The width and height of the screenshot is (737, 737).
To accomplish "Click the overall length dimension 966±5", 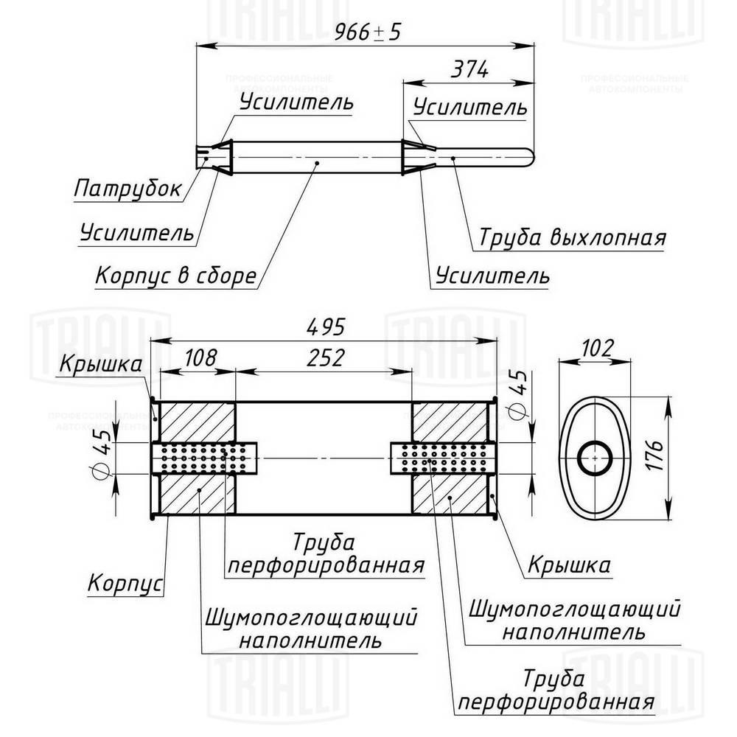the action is coord(366,32).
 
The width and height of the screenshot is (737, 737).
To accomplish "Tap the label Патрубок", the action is coord(128,189).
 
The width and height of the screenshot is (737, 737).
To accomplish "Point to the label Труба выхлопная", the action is coord(572,238).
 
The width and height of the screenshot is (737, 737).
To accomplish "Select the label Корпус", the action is coord(125,584).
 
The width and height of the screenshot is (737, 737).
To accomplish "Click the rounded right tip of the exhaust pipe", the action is coord(528,157).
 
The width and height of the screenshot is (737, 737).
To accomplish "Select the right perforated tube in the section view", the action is coord(443,458).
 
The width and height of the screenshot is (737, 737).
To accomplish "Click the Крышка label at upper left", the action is coord(101,364).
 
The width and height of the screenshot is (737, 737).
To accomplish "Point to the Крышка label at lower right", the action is coord(568,565).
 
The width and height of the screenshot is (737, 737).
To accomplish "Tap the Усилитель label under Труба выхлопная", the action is coord(492,276).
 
